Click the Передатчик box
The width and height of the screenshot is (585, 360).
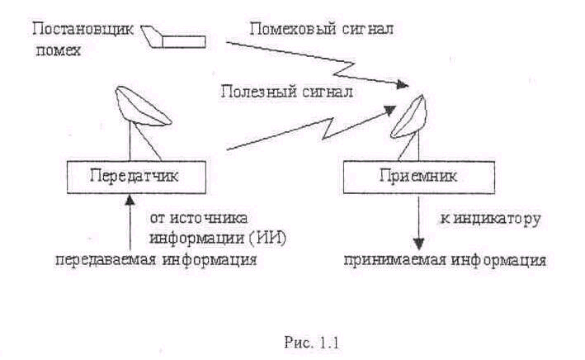(131, 176)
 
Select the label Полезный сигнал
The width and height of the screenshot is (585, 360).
(286, 91)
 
